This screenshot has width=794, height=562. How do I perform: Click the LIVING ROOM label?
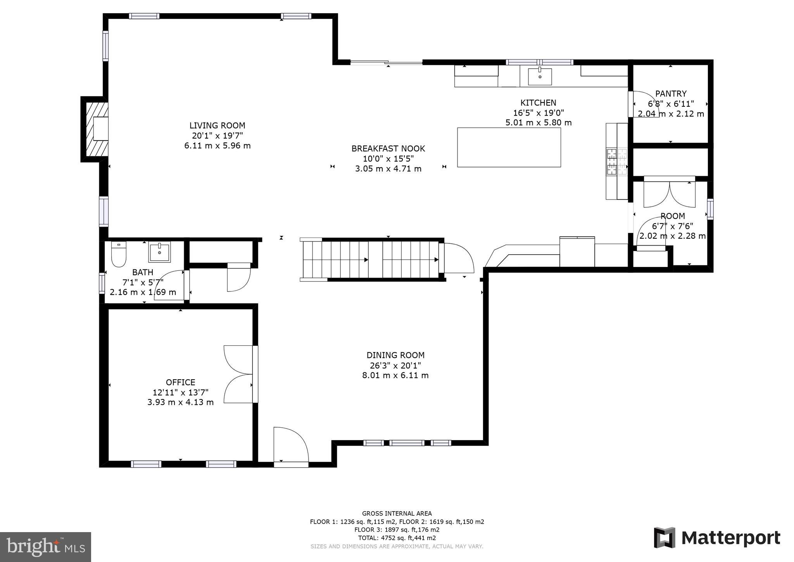tap(217, 125)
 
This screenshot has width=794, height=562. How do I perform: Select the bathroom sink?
tap(159, 252)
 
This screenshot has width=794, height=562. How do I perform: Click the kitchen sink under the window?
tap(540, 76)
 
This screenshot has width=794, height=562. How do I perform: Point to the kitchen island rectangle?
tap(509, 147)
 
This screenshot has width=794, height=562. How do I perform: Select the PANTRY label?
tap(671, 94)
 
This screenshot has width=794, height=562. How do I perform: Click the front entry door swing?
tap(291, 445)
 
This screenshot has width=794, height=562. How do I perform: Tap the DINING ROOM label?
tap(395, 355)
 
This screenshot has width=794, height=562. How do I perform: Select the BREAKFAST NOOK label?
tap(388, 148)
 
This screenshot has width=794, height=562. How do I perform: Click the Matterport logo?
tap(717, 538)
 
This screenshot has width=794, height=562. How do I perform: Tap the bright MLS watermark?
tap(46, 547)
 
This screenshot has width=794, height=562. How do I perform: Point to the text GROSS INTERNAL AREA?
tap(397, 513)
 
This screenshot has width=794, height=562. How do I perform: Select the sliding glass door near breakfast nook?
tap(387, 62)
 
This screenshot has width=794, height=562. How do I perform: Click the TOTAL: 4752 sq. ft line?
tap(397, 538)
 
